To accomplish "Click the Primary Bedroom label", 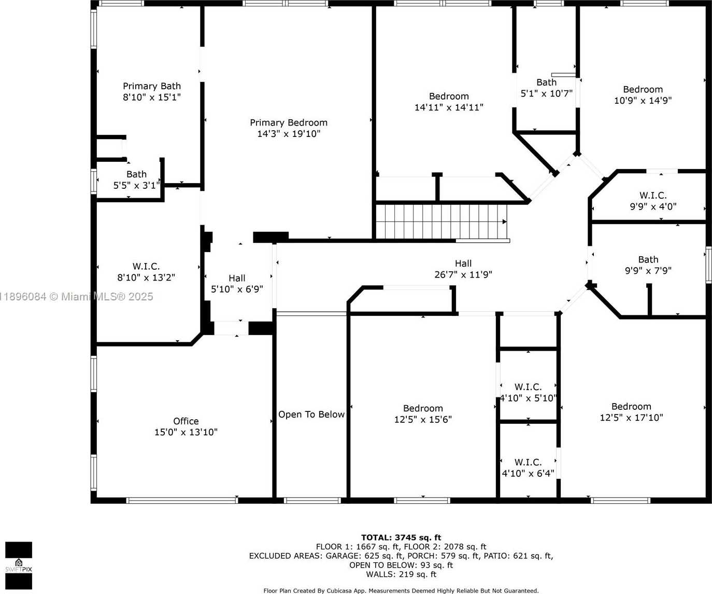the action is [289, 128].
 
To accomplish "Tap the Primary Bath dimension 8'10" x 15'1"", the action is [152, 98].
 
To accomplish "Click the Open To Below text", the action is [311, 415].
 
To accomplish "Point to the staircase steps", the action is [442, 222].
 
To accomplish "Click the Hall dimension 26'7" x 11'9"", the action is [463, 274].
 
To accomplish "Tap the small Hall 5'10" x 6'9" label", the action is [237, 284].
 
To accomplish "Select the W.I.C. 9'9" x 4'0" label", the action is [653, 201].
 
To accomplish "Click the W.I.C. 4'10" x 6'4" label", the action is [528, 468].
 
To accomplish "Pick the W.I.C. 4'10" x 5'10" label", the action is [528, 392].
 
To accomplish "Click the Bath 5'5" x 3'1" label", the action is [136, 180].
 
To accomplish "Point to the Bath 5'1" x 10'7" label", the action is [546, 88].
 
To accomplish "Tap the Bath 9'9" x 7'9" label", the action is [648, 265].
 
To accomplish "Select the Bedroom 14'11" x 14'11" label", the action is [449, 102].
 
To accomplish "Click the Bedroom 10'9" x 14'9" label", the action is [643, 95].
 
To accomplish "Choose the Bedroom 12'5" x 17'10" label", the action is [631, 412].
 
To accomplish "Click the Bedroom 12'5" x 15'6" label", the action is [423, 413].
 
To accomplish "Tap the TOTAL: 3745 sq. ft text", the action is [401, 537].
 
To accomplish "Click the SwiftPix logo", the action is [19, 565].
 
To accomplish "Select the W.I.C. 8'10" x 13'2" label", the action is [146, 272].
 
